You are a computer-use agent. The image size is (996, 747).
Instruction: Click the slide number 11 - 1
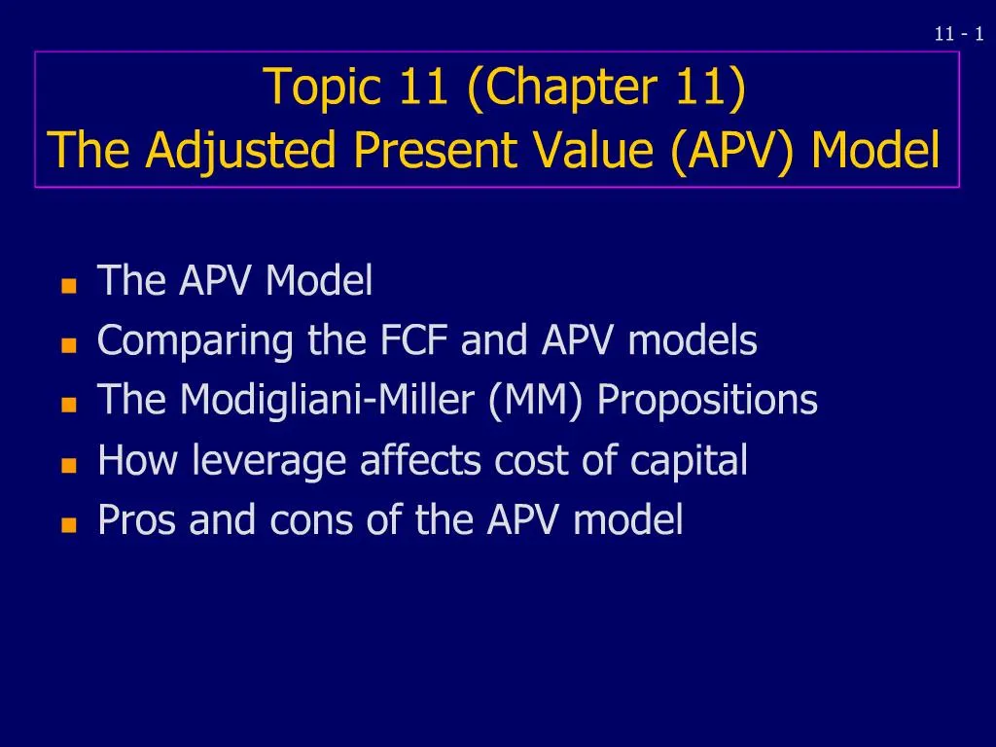pos(958,34)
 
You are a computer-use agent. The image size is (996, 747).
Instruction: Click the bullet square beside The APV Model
pos(68,287)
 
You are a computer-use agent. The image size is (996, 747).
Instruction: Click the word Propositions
pos(708,401)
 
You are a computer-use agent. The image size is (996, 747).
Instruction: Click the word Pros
pos(138,520)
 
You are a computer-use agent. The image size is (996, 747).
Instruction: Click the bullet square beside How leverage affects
pos(68,466)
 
